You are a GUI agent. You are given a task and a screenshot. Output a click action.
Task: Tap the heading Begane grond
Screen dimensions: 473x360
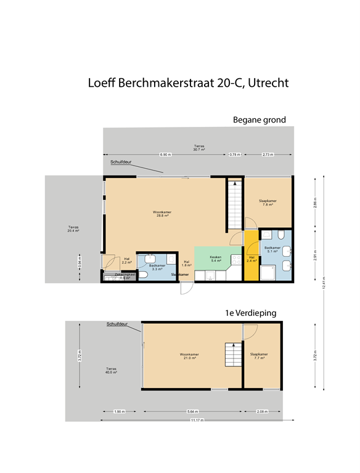point(259,119)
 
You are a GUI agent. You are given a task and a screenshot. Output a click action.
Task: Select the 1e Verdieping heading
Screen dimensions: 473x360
point(251,313)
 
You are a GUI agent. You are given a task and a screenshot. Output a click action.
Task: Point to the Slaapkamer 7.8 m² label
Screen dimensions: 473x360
point(267,203)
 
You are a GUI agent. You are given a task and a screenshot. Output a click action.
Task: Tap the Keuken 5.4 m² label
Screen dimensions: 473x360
point(215,259)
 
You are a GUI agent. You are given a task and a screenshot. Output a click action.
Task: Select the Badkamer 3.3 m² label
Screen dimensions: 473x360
point(157,267)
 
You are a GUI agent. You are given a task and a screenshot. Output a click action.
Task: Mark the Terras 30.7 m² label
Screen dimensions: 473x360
point(198,148)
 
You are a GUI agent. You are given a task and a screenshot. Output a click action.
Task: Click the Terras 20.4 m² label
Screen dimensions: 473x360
point(73,228)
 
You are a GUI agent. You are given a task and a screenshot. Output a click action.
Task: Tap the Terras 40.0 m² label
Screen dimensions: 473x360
point(111,370)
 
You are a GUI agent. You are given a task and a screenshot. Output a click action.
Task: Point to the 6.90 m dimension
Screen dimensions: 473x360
point(165,154)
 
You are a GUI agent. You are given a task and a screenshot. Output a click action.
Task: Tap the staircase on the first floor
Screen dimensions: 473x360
point(233,356)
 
